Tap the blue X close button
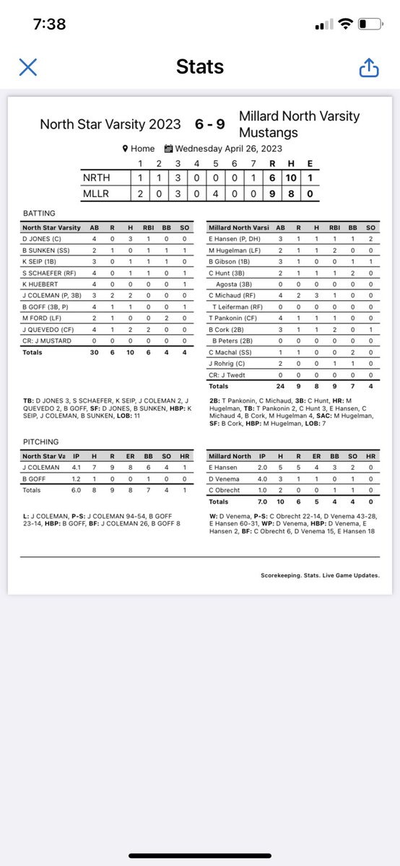[27, 68]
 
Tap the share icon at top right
[368, 68]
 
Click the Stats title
[200, 68]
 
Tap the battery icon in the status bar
[372, 24]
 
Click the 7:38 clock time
[49, 24]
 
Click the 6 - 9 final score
[209, 124]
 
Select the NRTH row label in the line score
[95, 177]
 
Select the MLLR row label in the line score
[95, 193]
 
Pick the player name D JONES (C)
[42, 238]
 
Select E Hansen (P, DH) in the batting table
[234, 238]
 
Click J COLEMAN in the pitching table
[40, 468]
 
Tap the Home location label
[142, 149]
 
